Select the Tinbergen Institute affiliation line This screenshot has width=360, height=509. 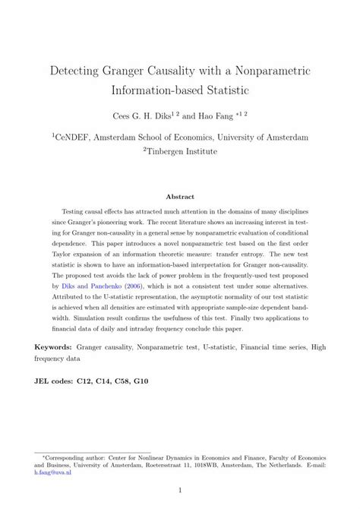(x=181, y=151)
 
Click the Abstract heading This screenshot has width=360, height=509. (x=180, y=194)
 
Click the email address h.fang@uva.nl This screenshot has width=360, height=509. (x=50, y=470)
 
